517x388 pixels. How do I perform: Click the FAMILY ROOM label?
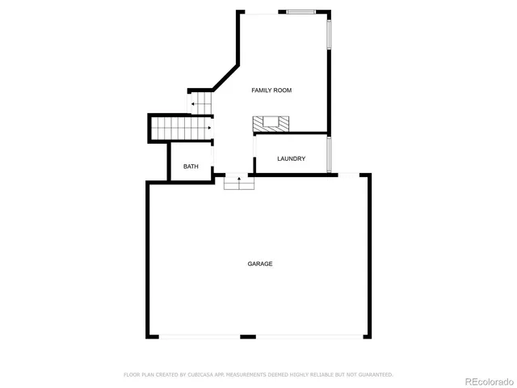tap(271, 91)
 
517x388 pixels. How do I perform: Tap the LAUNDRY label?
tap(291, 158)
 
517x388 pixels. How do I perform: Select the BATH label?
tap(191, 167)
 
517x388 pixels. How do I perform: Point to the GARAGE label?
tap(259, 264)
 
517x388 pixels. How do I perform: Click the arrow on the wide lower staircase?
tap(208, 127)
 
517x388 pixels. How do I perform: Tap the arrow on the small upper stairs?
tap(194, 104)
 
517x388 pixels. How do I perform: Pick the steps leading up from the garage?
tap(239, 183)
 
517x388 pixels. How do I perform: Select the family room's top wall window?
tap(301, 11)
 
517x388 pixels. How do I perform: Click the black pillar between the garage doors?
tap(248, 336)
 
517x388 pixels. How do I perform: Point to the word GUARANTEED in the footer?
tap(374, 375)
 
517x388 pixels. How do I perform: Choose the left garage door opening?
tap(200, 336)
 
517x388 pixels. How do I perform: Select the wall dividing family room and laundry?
tap(291, 133)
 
